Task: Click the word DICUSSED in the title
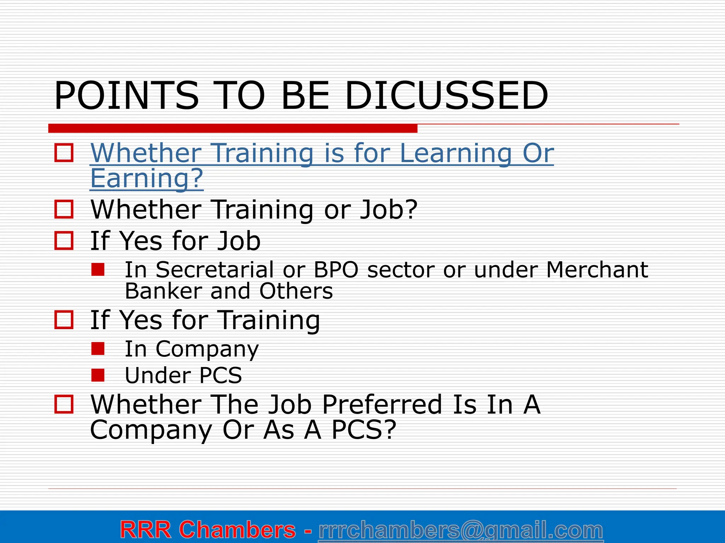(446, 96)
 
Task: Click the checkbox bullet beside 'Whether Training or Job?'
(64, 209)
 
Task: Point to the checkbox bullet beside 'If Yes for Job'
(64, 241)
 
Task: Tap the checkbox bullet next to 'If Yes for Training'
(64, 320)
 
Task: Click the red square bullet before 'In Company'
(98, 349)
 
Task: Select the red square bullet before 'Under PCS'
(98, 375)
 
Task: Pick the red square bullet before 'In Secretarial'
(98, 269)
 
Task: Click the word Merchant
(597, 270)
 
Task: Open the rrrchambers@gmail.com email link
(461, 530)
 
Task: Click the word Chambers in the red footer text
(237, 530)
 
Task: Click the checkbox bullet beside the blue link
(64, 153)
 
